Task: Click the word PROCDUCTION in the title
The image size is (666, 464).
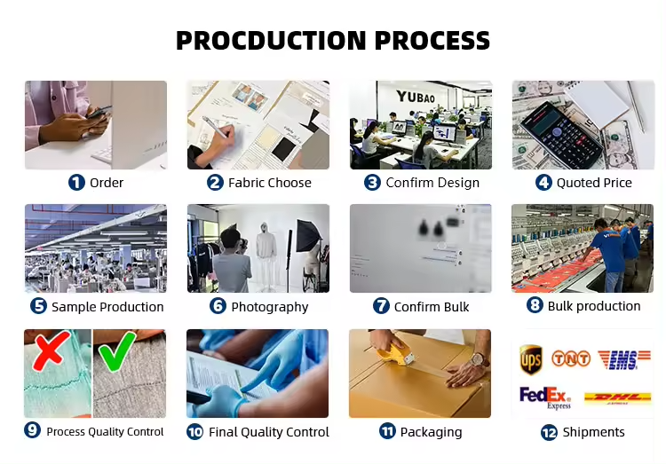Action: (271, 40)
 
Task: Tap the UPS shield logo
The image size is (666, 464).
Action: (530, 360)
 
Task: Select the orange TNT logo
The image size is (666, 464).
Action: (571, 358)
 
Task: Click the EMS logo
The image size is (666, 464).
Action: (623, 360)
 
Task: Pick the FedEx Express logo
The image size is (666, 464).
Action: (545, 397)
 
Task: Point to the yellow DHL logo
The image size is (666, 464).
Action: (617, 397)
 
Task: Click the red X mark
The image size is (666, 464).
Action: (51, 350)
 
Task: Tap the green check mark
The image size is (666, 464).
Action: (117, 350)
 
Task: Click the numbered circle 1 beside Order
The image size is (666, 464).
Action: (76, 183)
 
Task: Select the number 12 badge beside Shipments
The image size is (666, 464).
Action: (549, 433)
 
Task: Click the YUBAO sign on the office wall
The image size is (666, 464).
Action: (416, 97)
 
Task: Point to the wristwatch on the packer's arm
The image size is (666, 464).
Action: (480, 360)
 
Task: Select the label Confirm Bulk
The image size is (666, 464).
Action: (432, 307)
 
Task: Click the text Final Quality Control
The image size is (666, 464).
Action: (269, 432)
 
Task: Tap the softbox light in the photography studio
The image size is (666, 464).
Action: (306, 236)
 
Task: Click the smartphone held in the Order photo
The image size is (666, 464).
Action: (99, 111)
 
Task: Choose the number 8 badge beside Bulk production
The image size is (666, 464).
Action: (535, 305)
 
